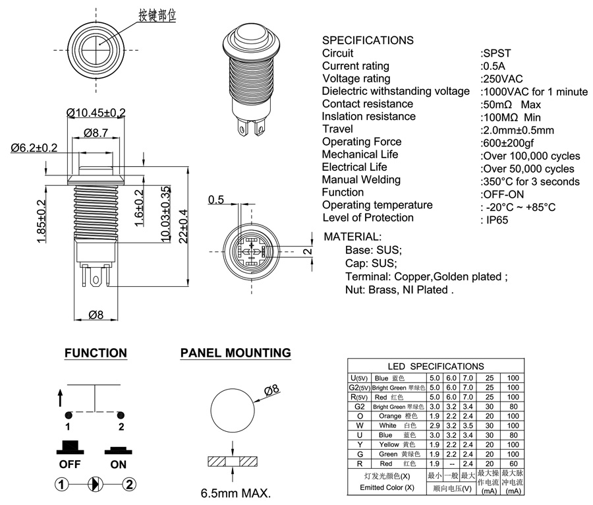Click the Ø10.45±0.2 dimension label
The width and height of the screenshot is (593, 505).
96,113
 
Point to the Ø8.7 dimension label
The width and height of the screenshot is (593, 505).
96,133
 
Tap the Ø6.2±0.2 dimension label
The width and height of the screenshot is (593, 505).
34,148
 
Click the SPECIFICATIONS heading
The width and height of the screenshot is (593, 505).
368,40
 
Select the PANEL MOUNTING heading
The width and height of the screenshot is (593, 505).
235,353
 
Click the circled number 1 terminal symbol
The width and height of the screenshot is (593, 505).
62,485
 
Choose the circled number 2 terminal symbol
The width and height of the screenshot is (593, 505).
129,485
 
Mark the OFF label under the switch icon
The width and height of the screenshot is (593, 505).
69,463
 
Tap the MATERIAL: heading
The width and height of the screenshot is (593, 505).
353,237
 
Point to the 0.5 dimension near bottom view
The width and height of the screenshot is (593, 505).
216,200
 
